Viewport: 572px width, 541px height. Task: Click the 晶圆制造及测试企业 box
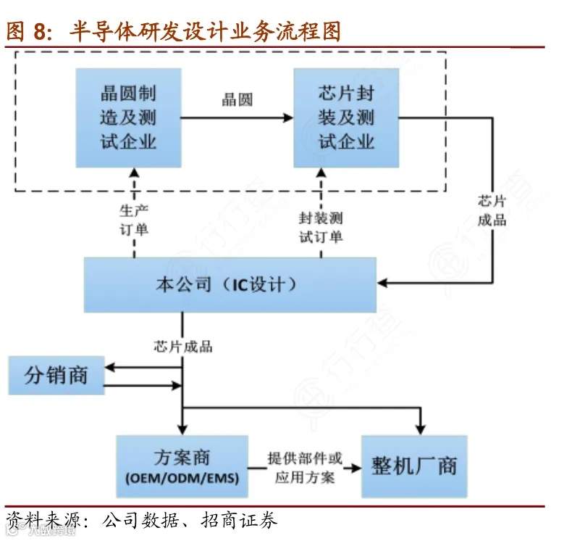(128, 118)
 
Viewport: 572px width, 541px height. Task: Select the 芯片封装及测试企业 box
(346, 118)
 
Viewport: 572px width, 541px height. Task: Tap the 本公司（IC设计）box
(230, 284)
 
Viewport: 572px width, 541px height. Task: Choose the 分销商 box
(56, 375)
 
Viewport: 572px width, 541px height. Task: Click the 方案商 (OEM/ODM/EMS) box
(182, 466)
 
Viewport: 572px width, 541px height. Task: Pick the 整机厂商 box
(414, 466)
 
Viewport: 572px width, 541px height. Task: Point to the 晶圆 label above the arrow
(237, 101)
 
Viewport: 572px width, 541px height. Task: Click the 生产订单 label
(134, 220)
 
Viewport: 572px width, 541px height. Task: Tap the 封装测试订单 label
(321, 227)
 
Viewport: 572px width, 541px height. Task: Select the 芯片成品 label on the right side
(492, 210)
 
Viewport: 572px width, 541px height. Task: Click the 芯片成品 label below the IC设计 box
(183, 346)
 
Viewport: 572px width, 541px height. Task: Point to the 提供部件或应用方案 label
(304, 467)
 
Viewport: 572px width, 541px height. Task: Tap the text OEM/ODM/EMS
(182, 479)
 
